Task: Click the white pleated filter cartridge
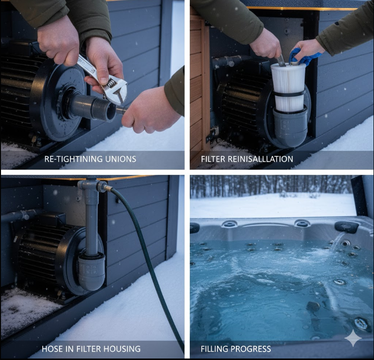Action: [288, 87]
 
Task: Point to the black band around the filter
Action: [289, 94]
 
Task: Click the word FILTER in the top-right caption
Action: [213, 159]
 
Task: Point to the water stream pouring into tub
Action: [337, 241]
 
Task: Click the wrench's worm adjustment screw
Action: [110, 83]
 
